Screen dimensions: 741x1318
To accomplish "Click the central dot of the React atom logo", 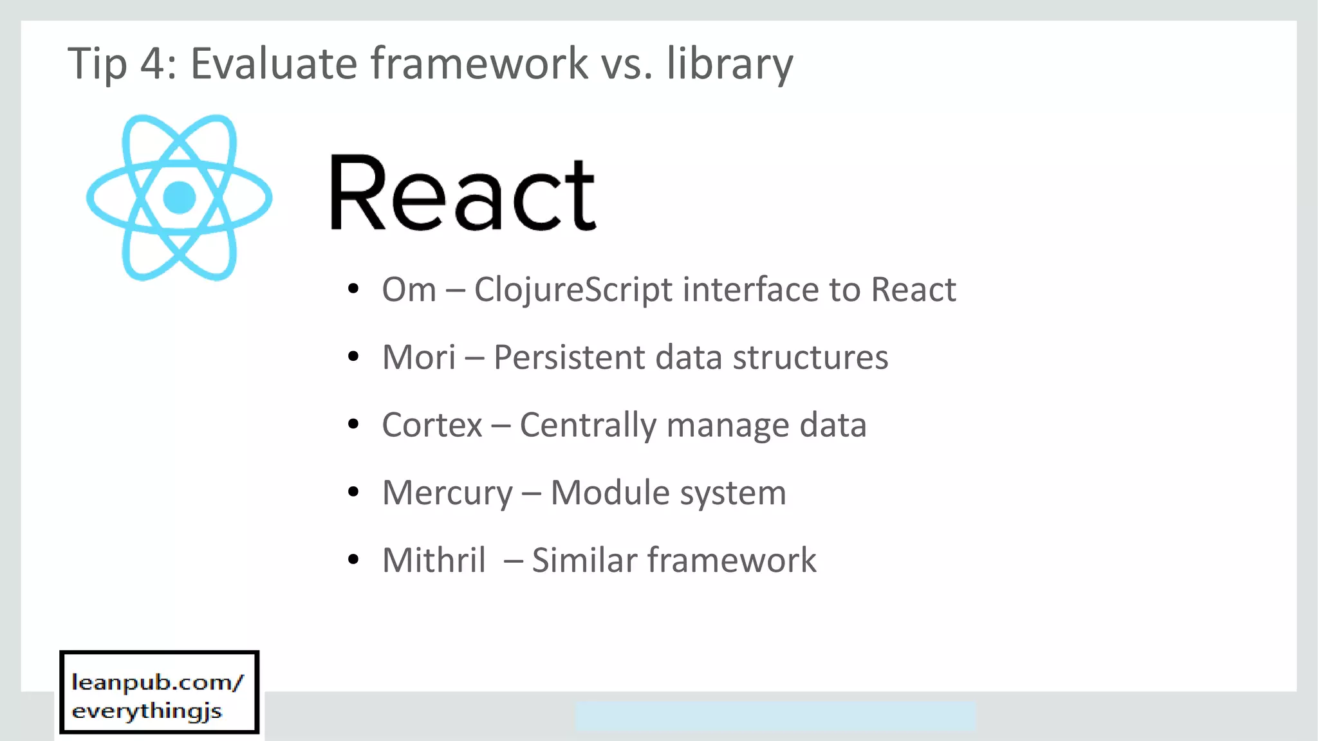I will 179,197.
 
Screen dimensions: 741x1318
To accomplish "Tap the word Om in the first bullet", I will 409,289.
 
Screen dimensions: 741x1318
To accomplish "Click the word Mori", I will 418,357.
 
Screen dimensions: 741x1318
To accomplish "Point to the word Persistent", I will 568,357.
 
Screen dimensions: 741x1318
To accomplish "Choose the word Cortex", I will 431,425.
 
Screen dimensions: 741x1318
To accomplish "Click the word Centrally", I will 587,425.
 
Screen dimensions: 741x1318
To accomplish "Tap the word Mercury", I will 447,493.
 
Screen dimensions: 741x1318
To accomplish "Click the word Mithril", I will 434,560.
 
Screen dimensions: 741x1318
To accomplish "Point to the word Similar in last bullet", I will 584,560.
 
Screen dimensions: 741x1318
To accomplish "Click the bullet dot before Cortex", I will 353,425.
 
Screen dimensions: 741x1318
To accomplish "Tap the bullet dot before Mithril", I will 353,560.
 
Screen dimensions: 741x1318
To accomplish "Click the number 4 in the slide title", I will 153,64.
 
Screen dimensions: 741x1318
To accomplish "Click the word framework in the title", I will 479,64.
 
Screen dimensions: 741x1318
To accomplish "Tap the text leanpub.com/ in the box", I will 158,682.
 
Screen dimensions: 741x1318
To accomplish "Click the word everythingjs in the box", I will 147,711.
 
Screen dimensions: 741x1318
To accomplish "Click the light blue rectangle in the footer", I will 775,716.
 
